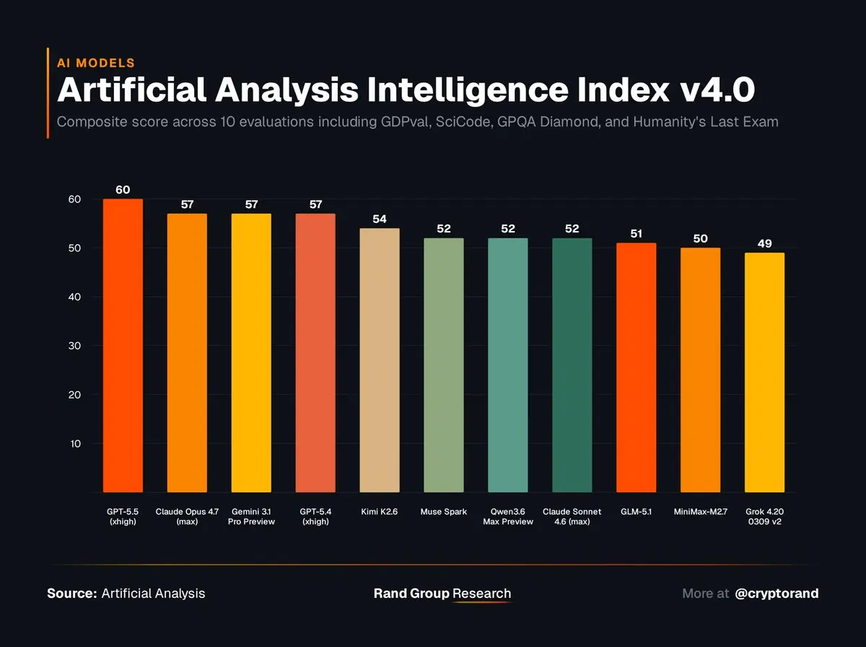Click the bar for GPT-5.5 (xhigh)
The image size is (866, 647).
[123, 346]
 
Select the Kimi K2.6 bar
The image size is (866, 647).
[379, 360]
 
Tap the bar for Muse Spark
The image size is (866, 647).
[443, 365]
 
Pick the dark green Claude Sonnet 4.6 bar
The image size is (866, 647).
[572, 365]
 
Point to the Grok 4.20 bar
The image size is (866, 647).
[764, 373]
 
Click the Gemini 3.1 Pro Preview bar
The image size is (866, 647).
[251, 353]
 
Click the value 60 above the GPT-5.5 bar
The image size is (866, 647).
[123, 190]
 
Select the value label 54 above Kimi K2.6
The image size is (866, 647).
[379, 219]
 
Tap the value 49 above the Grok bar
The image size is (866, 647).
[764, 243]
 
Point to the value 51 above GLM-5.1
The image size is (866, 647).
[636, 234]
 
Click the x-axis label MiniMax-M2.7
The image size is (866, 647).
[700, 512]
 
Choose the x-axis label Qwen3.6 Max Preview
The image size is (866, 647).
[507, 516]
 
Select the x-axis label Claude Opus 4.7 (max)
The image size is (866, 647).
[187, 516]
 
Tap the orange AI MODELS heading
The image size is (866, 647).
[95, 63]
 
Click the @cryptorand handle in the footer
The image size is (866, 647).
[777, 594]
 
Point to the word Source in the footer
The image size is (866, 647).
[71, 594]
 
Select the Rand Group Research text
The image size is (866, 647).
[442, 594]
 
